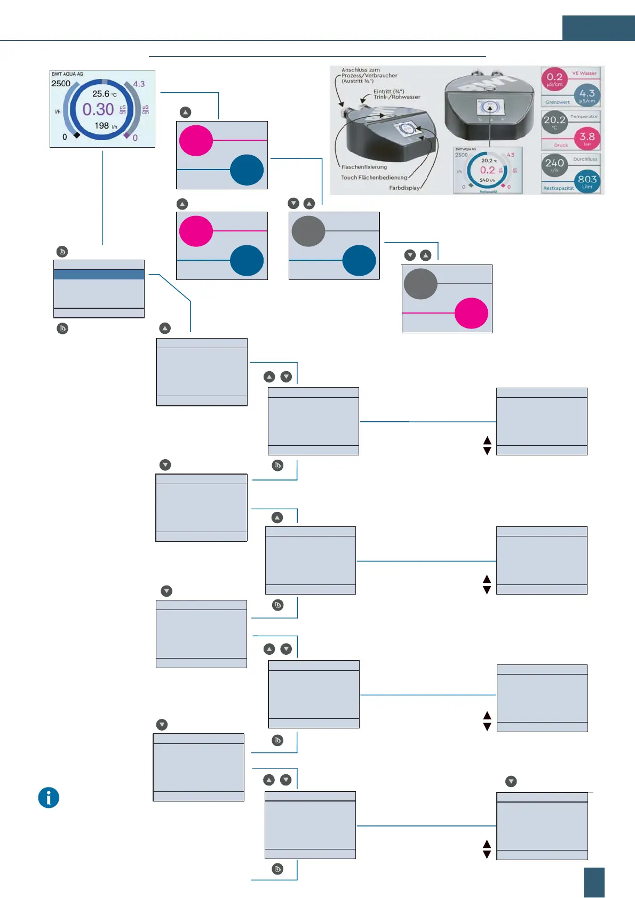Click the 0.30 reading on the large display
click(98, 109)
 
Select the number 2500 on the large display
click(61, 83)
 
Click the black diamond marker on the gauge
click(77, 135)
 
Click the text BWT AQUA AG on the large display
click(67, 74)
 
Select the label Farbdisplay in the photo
click(404, 188)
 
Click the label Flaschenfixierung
click(364, 167)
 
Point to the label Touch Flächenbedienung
click(374, 178)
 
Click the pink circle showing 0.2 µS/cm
click(554, 79)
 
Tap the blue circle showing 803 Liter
click(587, 181)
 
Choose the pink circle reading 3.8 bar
click(587, 138)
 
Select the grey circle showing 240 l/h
click(554, 165)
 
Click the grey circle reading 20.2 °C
click(554, 122)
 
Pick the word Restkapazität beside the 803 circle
click(558, 188)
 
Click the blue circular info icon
click(49, 798)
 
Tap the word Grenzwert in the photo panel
click(557, 102)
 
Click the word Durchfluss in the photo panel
click(585, 159)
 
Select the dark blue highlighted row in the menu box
click(99, 274)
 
